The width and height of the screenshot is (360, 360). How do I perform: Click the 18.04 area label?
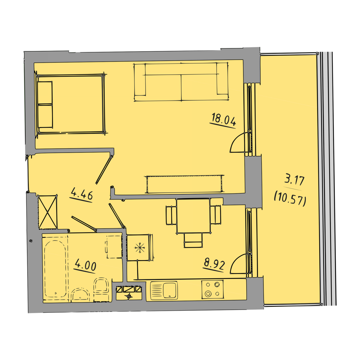point(223,119)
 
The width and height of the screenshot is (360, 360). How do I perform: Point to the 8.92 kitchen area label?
point(214,264)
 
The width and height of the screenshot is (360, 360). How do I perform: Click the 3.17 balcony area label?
point(294,180)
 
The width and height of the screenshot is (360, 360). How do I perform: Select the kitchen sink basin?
point(170,290)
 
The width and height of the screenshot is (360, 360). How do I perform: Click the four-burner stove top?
point(212,289)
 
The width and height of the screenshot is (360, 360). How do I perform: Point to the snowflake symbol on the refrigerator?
point(139,248)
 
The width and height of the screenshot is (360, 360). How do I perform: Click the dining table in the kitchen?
point(193,216)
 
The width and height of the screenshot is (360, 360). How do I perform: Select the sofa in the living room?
point(181,82)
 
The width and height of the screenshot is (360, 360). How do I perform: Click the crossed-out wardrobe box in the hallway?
point(47,212)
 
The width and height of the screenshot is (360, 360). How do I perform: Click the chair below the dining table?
point(193,240)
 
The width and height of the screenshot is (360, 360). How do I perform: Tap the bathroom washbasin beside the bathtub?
point(80,295)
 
